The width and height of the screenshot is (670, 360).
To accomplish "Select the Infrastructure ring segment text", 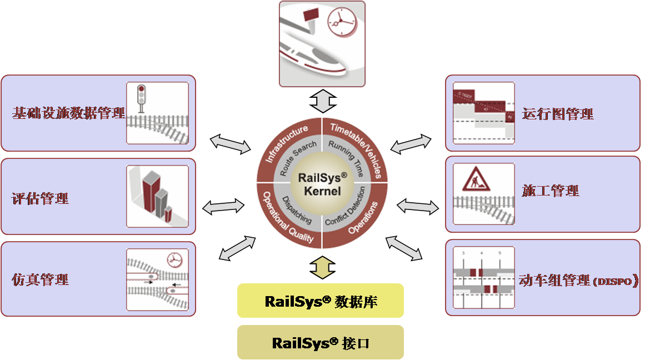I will coord(286,144).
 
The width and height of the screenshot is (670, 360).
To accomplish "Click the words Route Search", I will coord(298,158).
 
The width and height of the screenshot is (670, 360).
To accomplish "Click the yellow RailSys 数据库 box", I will coord(321,301).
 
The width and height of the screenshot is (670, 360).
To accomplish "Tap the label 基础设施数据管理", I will coord(68,114).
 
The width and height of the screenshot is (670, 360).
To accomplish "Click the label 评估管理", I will coord(40,198).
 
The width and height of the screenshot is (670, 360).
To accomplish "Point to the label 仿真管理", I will coord(40,279).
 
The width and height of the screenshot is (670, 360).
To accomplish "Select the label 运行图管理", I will coord(558,114).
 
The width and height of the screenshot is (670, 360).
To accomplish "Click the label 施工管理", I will coord(551,191).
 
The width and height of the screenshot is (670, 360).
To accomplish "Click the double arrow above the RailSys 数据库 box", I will coord(322,267).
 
